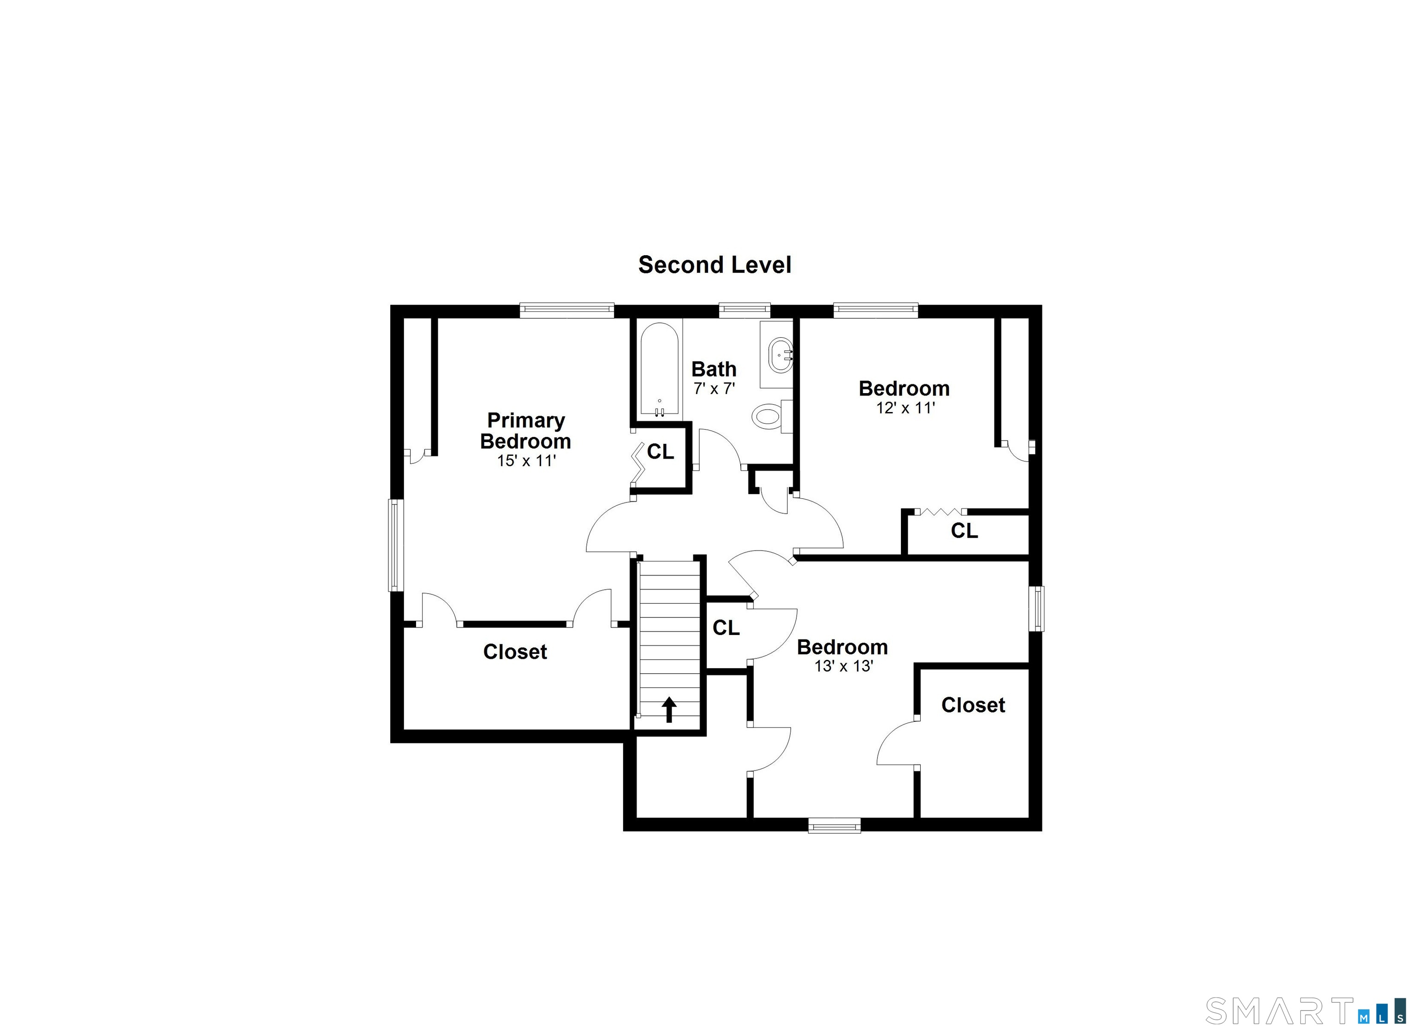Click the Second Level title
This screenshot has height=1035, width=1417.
[x=714, y=265]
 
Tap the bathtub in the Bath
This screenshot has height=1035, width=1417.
[x=659, y=369]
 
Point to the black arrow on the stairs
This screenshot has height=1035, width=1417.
[x=669, y=710]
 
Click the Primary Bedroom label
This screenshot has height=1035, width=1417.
[x=525, y=431]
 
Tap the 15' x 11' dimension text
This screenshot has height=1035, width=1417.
[x=527, y=461]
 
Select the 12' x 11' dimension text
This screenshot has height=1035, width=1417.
[x=905, y=408]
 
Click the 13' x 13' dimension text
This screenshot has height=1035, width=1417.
[x=844, y=666]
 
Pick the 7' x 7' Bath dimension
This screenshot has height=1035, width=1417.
[x=714, y=389]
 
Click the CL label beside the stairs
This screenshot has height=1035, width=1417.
[x=726, y=628]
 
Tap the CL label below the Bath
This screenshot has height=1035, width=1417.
[x=661, y=451]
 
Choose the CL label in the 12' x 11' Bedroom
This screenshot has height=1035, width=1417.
[x=965, y=531]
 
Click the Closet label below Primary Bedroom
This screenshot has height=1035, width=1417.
[x=515, y=652]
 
